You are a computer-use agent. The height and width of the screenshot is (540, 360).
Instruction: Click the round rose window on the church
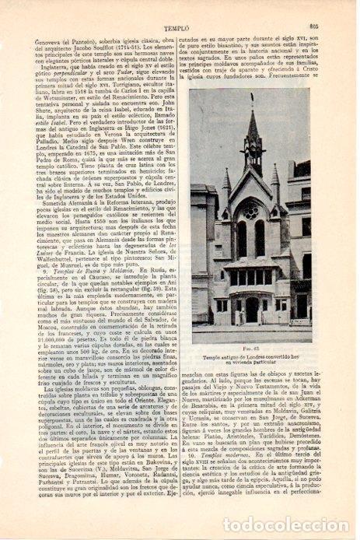[251, 212]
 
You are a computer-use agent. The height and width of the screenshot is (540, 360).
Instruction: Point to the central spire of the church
[251, 148]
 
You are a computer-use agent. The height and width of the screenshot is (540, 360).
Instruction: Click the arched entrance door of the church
[251, 306]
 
